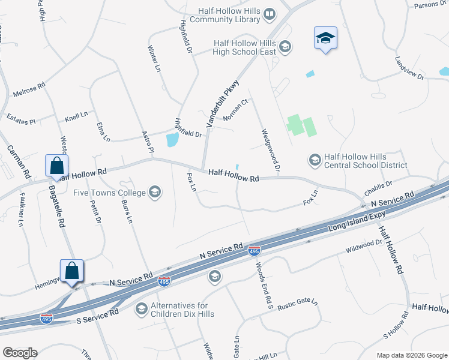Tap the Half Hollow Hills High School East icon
click(x=285, y=46)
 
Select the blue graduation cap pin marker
click(x=325, y=38)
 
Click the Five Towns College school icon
click(x=155, y=193)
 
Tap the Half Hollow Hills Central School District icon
click(x=315, y=160)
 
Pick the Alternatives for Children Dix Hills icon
click(x=142, y=308)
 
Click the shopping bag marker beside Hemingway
click(x=71, y=271)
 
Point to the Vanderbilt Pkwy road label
click(x=223, y=103)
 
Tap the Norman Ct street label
click(x=235, y=110)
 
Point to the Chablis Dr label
click(x=378, y=188)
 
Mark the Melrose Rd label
click(x=29, y=91)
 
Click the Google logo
click(x=20, y=353)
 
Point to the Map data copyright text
click(x=411, y=355)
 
